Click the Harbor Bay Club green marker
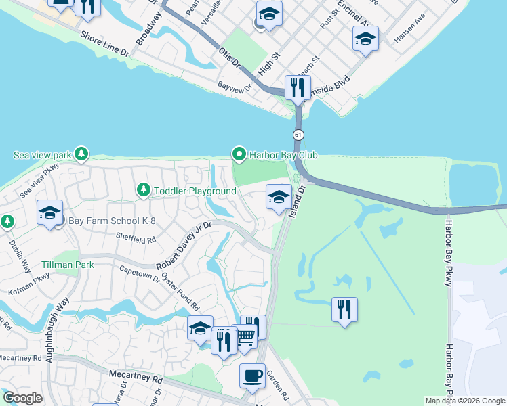click(x=239, y=155)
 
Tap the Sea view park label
click(x=41, y=155)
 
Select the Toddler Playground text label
click(x=195, y=191)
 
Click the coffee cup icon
click(x=252, y=376)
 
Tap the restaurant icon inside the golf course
click(x=344, y=310)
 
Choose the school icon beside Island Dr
click(x=278, y=198)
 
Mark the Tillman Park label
click(x=67, y=265)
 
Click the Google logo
click(x=22, y=398)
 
